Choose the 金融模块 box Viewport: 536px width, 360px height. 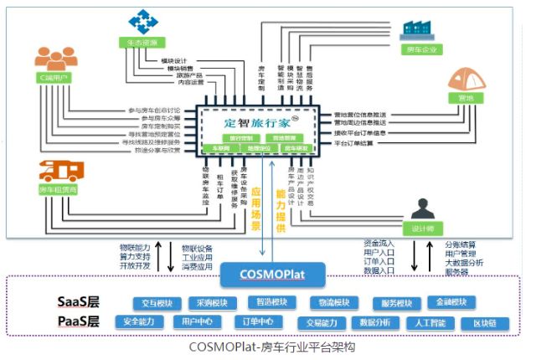click(x=451, y=302)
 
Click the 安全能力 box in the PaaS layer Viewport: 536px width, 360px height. click(x=140, y=321)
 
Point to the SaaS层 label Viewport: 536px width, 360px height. click(x=79, y=302)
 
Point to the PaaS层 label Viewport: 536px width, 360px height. click(x=79, y=321)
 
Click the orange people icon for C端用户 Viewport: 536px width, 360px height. click(x=56, y=59)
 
